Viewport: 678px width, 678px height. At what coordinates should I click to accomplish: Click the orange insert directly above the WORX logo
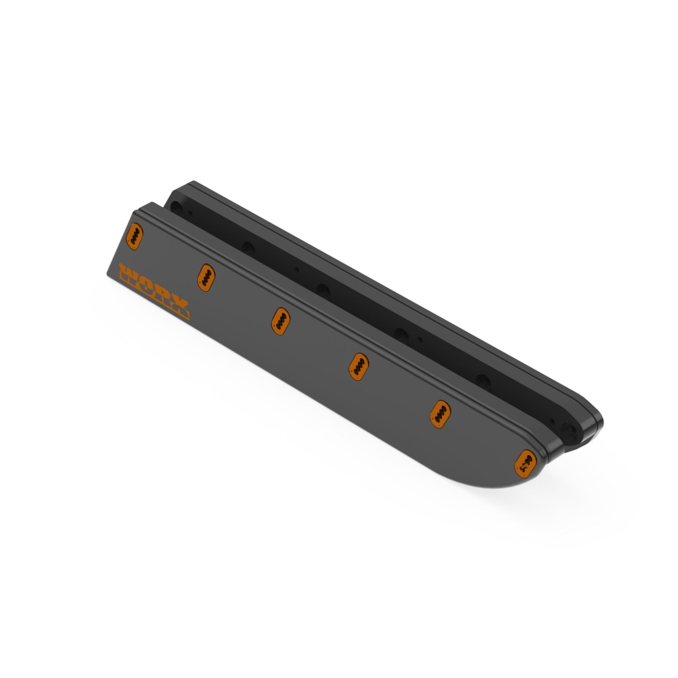(x=135, y=236)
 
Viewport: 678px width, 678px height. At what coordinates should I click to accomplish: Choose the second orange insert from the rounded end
(x=438, y=414)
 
